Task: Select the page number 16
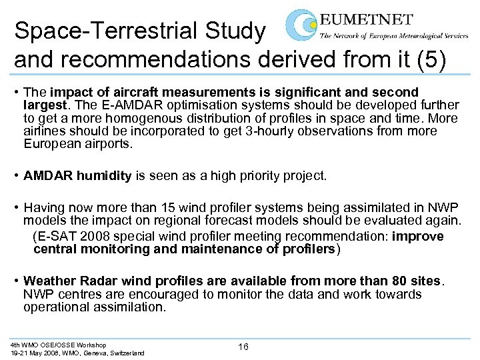[243, 347]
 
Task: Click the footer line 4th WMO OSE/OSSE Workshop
[58, 345]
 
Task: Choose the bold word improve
[418, 237]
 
